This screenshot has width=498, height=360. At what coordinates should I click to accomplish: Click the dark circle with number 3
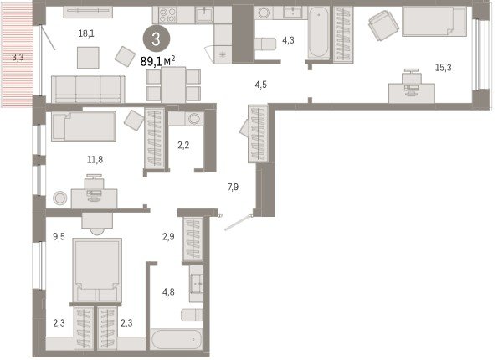pyautogui.click(x=156, y=39)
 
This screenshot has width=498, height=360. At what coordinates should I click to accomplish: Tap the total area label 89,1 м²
pyautogui.click(x=157, y=61)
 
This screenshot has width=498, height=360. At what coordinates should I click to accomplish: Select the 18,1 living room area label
pyautogui.click(x=86, y=33)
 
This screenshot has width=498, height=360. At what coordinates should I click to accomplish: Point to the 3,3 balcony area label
pyautogui.click(x=18, y=58)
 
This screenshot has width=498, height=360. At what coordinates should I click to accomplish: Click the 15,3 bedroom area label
pyautogui.click(x=443, y=67)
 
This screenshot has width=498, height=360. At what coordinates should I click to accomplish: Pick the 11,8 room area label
pyautogui.click(x=95, y=160)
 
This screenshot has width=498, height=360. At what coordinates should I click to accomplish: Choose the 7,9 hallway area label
pyautogui.click(x=233, y=188)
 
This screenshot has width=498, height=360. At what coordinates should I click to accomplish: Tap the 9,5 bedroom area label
pyautogui.click(x=59, y=236)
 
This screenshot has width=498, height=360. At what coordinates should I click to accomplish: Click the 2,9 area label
pyautogui.click(x=168, y=236)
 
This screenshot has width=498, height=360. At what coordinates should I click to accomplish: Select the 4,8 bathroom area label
pyautogui.click(x=168, y=291)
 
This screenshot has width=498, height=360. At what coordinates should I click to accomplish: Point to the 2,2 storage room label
pyautogui.click(x=183, y=146)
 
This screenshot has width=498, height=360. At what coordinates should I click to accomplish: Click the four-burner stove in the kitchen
pyautogui.click(x=167, y=15)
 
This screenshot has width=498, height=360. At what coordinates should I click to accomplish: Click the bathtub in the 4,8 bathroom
pyautogui.click(x=177, y=340)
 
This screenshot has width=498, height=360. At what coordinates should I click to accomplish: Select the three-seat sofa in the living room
pyautogui.click(x=88, y=90)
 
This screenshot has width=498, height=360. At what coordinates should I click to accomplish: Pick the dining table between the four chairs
pyautogui.click(x=173, y=85)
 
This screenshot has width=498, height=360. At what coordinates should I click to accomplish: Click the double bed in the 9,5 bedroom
pyautogui.click(x=97, y=270)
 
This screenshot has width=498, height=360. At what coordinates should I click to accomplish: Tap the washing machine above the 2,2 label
pyautogui.click(x=193, y=119)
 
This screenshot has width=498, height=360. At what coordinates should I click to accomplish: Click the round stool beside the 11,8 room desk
pyautogui.click(x=59, y=198)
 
